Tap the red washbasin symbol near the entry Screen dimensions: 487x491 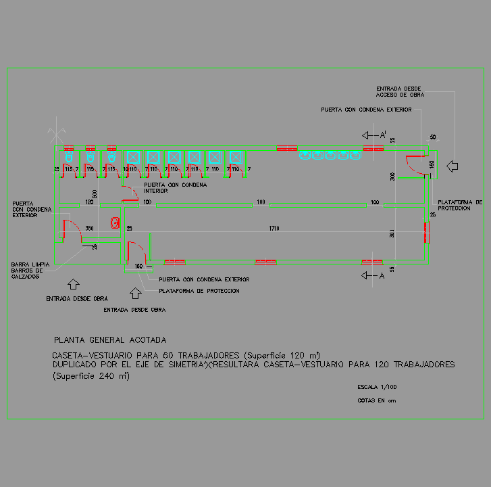(115, 221)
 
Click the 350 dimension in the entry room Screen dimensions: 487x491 (89, 228)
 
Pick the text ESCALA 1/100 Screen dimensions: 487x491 (378, 388)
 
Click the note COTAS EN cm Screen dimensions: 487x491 (376, 400)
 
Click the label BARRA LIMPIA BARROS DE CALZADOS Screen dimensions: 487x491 (30, 271)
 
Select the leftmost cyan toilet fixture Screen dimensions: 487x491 (68, 156)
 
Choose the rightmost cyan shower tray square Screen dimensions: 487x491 (235, 157)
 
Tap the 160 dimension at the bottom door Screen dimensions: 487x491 (138, 266)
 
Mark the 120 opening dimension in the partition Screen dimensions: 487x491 (88, 202)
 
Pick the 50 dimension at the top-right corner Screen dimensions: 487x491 (433, 137)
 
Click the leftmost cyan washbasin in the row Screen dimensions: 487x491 (305, 155)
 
